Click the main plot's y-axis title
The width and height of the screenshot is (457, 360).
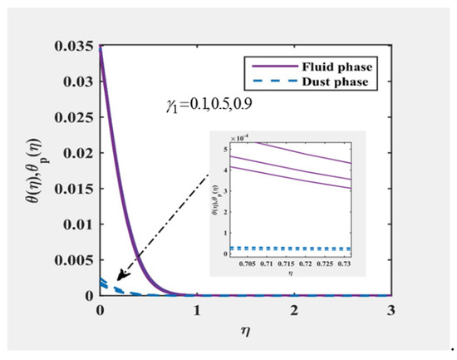39,171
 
